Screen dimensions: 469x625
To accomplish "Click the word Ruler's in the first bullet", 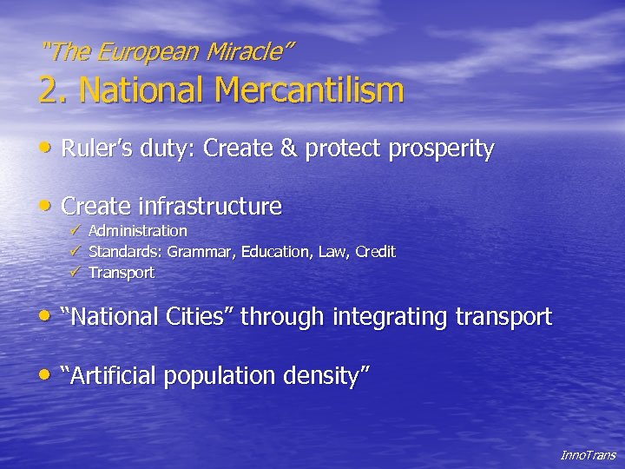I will coord(95,149).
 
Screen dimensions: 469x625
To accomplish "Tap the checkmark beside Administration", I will coord(76,231).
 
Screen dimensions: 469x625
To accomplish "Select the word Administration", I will coord(138,231).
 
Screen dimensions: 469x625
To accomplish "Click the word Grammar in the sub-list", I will coord(198,252).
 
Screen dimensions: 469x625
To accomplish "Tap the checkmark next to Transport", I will coord(76,273).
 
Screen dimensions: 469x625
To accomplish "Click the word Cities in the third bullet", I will coord(198,317).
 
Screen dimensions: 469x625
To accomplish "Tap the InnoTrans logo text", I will coord(588,454).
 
